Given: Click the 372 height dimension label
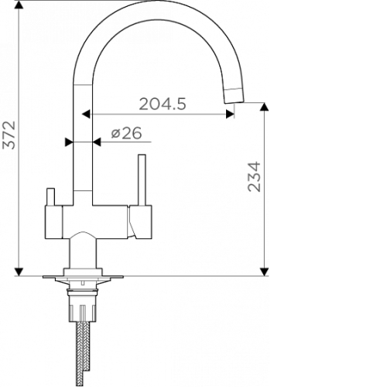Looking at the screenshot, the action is pyautogui.click(x=9, y=135).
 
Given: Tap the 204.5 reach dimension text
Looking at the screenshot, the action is pyautogui.click(x=163, y=104).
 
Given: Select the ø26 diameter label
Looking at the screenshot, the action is pyautogui.click(x=126, y=133).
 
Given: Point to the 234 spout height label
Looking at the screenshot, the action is pyautogui.click(x=254, y=176).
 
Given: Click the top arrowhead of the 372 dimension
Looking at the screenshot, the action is pyautogui.click(x=19, y=5).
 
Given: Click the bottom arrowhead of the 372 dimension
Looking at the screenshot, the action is pyautogui.click(x=19, y=272).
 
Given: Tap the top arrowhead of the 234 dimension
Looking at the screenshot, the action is pyautogui.click(x=264, y=107).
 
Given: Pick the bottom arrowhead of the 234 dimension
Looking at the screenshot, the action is pyautogui.click(x=264, y=272).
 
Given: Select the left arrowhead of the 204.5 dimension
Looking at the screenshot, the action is pyautogui.click(x=86, y=114).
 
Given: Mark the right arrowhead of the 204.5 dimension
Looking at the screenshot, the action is pyautogui.click(x=230, y=114).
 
